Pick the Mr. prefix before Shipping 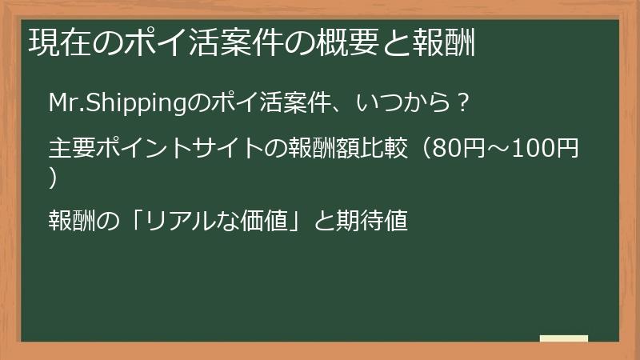[x=66, y=104]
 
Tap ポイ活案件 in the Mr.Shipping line [x=255, y=104]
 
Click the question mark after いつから [x=462, y=104]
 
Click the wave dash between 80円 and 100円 [x=497, y=150]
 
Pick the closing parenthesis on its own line [x=53, y=178]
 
